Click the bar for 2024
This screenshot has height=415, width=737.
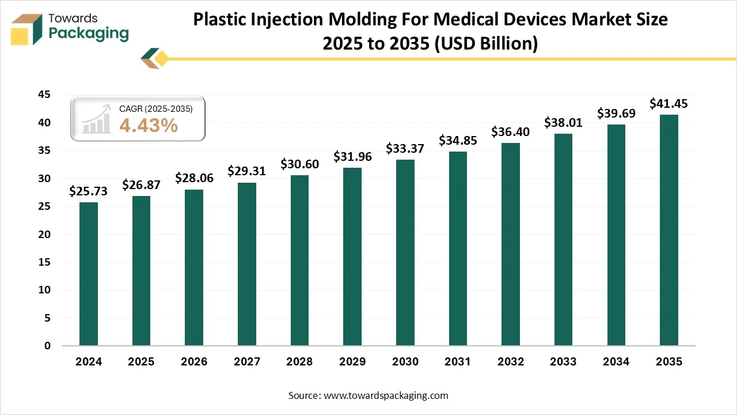pyautogui.click(x=88, y=274)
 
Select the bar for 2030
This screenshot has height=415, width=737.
pyautogui.click(x=405, y=252)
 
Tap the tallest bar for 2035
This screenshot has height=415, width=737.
pyautogui.click(x=668, y=230)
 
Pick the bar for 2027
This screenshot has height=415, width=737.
pyautogui.click(x=246, y=264)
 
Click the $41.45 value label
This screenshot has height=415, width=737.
pyautogui.click(x=668, y=104)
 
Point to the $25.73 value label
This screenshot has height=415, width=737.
pyautogui.click(x=88, y=191)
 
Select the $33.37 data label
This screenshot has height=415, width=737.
pyautogui.click(x=405, y=149)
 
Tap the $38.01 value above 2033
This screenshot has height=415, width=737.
pyautogui.click(x=563, y=123)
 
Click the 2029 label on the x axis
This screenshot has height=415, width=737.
pyautogui.click(x=352, y=362)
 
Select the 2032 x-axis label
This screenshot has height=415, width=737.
pyautogui.click(x=510, y=362)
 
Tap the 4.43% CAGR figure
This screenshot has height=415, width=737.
pyautogui.click(x=149, y=125)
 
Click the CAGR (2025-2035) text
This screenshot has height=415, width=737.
pyautogui.click(x=155, y=108)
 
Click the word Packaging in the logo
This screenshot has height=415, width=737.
pyautogui.click(x=89, y=33)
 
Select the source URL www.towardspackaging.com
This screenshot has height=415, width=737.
pyautogui.click(x=386, y=395)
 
